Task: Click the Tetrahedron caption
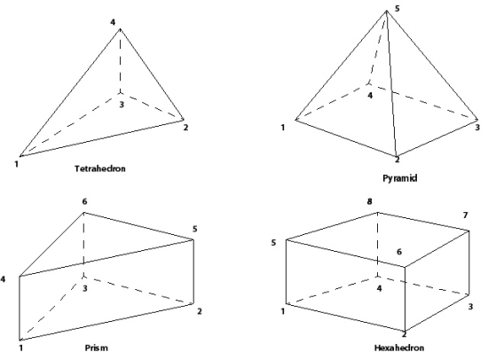click(100, 168)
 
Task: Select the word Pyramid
click(400, 178)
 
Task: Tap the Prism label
click(97, 348)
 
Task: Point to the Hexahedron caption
click(399, 348)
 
